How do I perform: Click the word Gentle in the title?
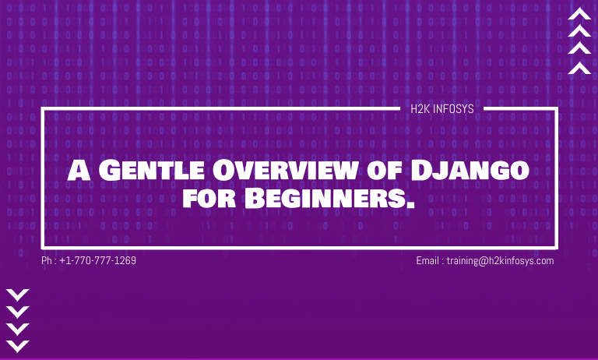pyautogui.click(x=152, y=170)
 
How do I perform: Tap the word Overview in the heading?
pyautogui.click(x=284, y=170)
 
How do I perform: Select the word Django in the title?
pyautogui.click(x=470, y=170)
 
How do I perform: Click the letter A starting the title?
pyautogui.click(x=79, y=170)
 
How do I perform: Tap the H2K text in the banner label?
pyautogui.click(x=420, y=109)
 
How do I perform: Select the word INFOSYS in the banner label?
pyautogui.click(x=453, y=109)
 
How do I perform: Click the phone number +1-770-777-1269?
pyautogui.click(x=97, y=261)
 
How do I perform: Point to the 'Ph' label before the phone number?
pyautogui.click(x=47, y=261)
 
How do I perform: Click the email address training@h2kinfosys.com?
pyautogui.click(x=501, y=261)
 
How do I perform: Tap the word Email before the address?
pyautogui.click(x=427, y=261)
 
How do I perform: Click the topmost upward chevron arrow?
pyautogui.click(x=579, y=13)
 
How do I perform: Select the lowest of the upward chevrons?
pyautogui.click(x=579, y=68)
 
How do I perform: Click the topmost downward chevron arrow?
pyautogui.click(x=18, y=295)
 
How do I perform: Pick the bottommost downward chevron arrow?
pyautogui.click(x=18, y=346)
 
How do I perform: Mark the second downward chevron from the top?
pyautogui.click(x=18, y=312)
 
